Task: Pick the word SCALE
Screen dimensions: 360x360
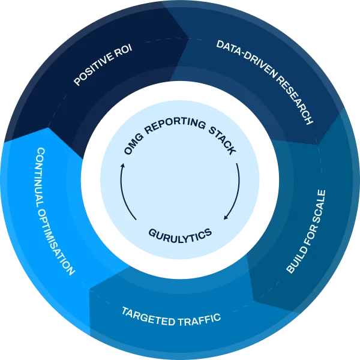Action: pos(317,208)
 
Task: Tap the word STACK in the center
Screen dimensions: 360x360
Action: pos(218,139)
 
